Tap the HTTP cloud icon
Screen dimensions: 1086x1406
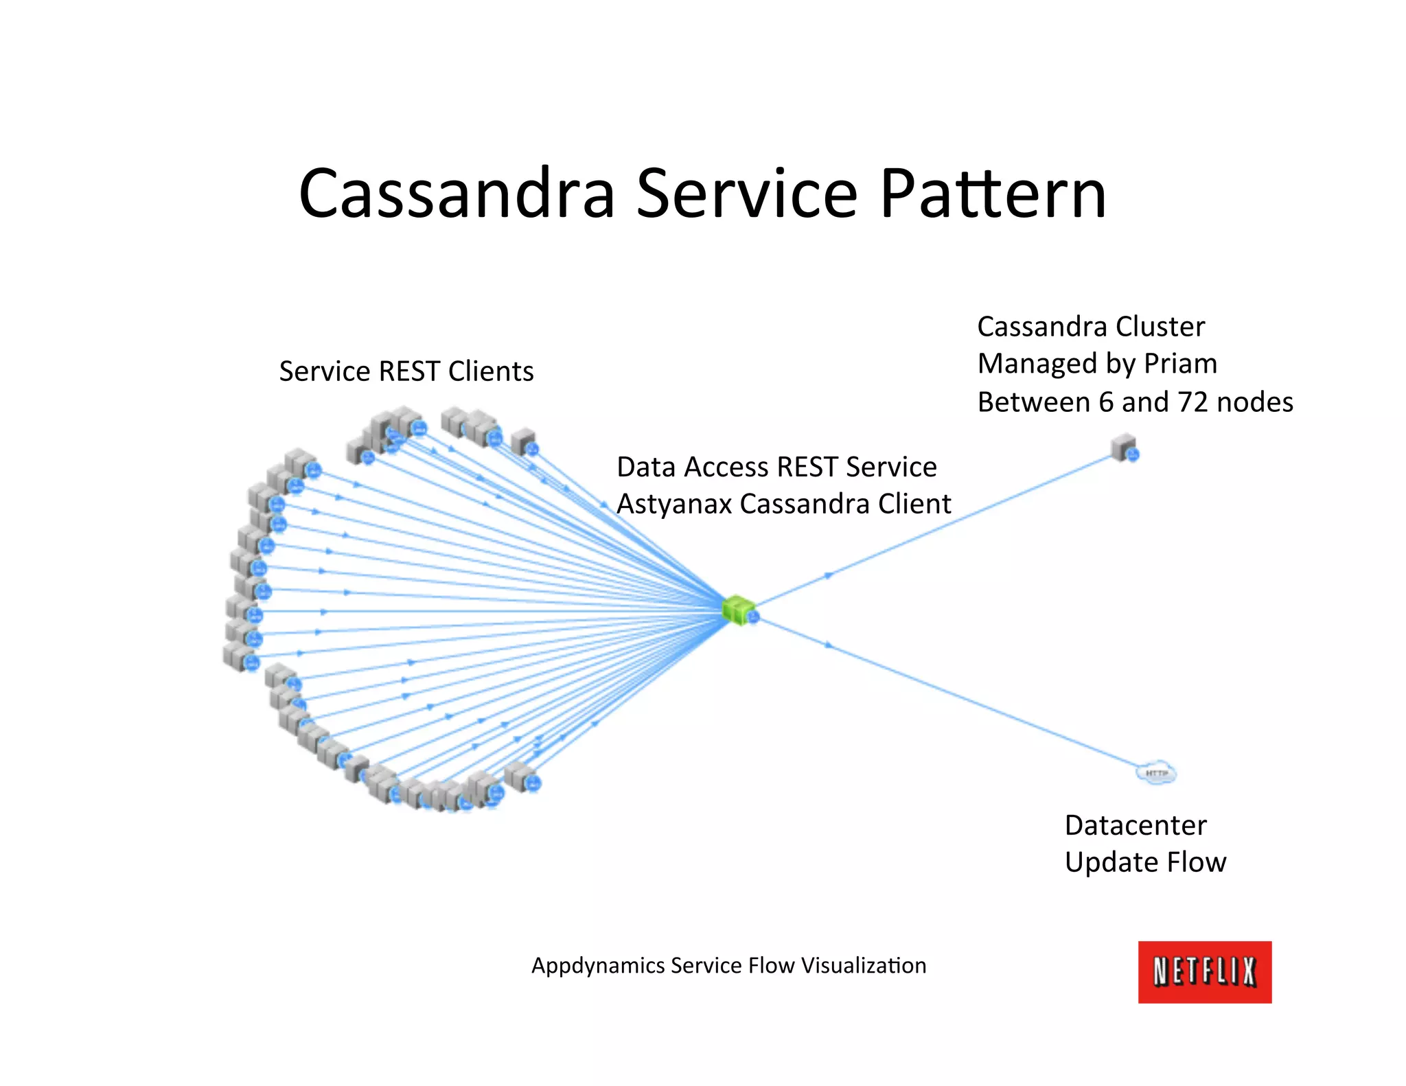[1157, 773]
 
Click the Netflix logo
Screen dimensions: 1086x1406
[1204, 971]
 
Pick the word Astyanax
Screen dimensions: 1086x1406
[674, 505]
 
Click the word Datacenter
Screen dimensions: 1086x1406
[1136, 825]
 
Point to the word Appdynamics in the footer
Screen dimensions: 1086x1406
[598, 966]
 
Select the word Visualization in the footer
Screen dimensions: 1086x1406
[864, 966]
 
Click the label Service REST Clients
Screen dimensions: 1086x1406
[406, 371]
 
